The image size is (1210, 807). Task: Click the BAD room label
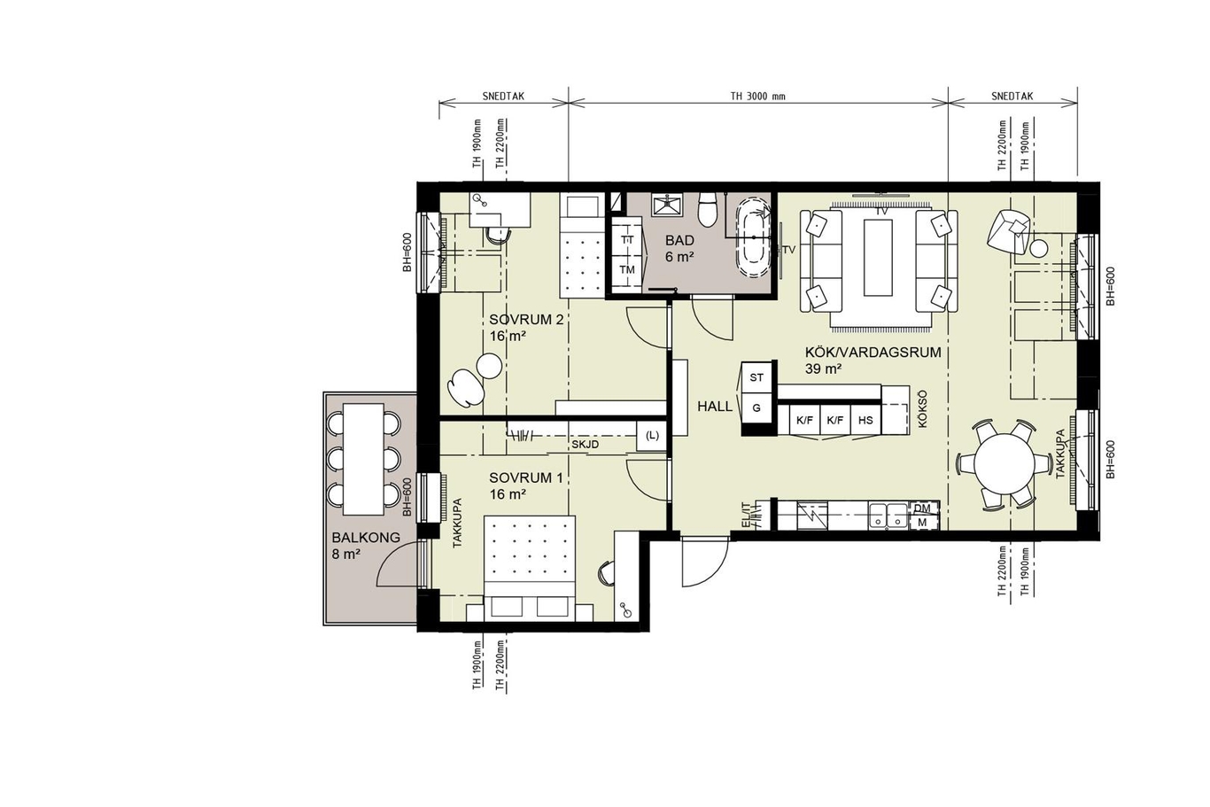pyautogui.click(x=679, y=240)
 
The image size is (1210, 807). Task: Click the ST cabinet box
pyautogui.click(x=756, y=377)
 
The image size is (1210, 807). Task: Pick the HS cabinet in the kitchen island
pyautogui.click(x=865, y=420)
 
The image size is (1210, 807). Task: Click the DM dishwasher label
pyautogui.click(x=922, y=508)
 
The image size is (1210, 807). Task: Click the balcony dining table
pyautogui.click(x=364, y=459)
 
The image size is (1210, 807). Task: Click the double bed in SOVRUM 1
pyautogui.click(x=530, y=567)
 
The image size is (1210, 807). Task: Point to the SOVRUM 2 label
pyautogui.click(x=526, y=319)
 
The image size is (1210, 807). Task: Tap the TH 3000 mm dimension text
pyautogui.click(x=758, y=97)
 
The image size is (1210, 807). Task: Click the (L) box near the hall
pyautogui.click(x=652, y=435)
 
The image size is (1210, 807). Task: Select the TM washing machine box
pyautogui.click(x=627, y=269)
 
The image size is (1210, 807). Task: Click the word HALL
pyautogui.click(x=715, y=407)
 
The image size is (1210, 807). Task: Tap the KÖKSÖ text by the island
pyautogui.click(x=922, y=409)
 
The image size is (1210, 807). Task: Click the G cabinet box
pyautogui.click(x=756, y=407)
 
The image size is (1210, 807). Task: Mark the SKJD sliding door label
pyautogui.click(x=586, y=445)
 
